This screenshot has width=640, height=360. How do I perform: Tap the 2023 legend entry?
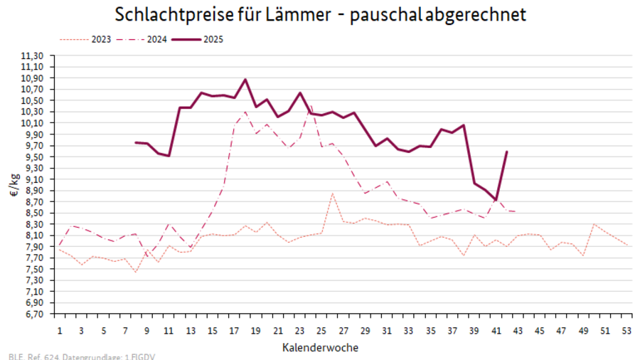coord(100,39)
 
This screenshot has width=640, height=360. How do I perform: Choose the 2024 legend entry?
coord(157,39)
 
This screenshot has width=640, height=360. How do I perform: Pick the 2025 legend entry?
coord(213,39)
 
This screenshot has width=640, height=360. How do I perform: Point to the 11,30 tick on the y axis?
coord(34,55)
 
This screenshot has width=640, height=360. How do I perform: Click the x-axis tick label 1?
coord(60,330)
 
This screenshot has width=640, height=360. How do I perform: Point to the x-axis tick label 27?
coord(343,330)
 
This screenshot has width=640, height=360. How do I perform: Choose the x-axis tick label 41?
coord(496,330)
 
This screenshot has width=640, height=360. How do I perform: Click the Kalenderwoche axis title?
coord(320,347)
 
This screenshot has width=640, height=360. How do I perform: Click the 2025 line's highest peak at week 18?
coord(245,79)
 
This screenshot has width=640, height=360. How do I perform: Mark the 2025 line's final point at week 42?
coord(506,151)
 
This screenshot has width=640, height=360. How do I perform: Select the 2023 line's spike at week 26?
coord(332,193)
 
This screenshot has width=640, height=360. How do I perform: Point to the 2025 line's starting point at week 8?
coord(136,142)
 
